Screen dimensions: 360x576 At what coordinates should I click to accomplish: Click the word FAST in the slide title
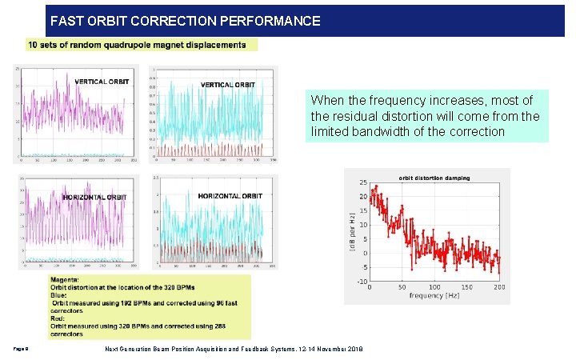(68, 22)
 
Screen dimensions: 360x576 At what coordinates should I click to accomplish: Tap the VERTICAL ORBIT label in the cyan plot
(227, 85)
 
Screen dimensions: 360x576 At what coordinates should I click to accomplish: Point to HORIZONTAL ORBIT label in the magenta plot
(95, 197)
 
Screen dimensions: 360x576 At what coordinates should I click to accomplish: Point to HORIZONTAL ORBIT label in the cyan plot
(230, 196)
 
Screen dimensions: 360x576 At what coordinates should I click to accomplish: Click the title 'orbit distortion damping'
(434, 178)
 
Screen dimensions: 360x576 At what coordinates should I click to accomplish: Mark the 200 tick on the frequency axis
(499, 287)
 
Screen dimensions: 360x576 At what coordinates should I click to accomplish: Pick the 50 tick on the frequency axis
(402, 287)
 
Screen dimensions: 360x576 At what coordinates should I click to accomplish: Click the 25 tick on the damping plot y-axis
(362, 182)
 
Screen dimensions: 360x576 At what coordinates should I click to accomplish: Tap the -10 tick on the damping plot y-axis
(362, 282)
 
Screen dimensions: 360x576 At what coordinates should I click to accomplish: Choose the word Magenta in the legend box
(66, 280)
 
